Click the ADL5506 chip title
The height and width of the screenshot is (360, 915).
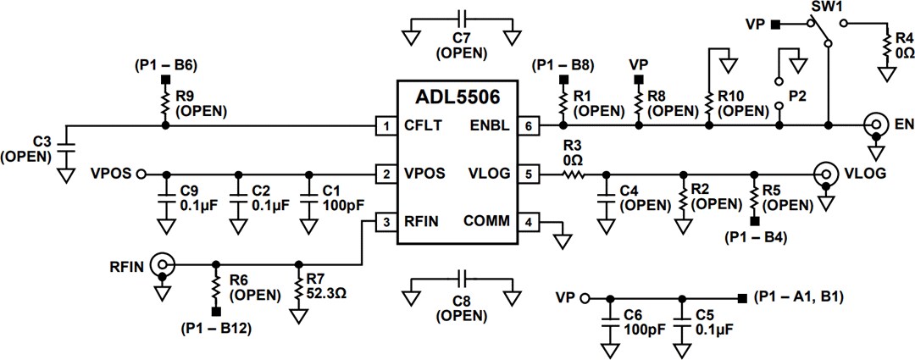(457, 96)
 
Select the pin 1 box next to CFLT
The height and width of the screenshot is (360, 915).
(387, 126)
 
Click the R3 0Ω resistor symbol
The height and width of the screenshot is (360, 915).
(573, 174)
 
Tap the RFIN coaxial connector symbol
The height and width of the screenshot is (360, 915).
(161, 264)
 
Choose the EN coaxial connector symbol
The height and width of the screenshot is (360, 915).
(873, 126)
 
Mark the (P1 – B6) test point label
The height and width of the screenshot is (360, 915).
(165, 64)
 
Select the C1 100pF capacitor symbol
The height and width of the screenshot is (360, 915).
(311, 203)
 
